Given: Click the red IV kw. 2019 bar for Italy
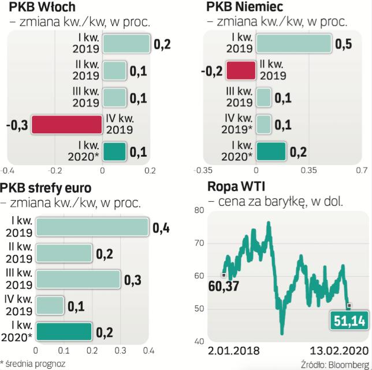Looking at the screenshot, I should [66, 124].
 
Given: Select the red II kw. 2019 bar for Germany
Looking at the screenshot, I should [240, 70].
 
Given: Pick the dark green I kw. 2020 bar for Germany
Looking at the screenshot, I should [270, 151].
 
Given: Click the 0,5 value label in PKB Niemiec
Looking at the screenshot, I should [344, 45].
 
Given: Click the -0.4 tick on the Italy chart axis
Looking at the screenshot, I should [8, 171].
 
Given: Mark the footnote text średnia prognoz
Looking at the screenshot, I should [36, 364].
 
